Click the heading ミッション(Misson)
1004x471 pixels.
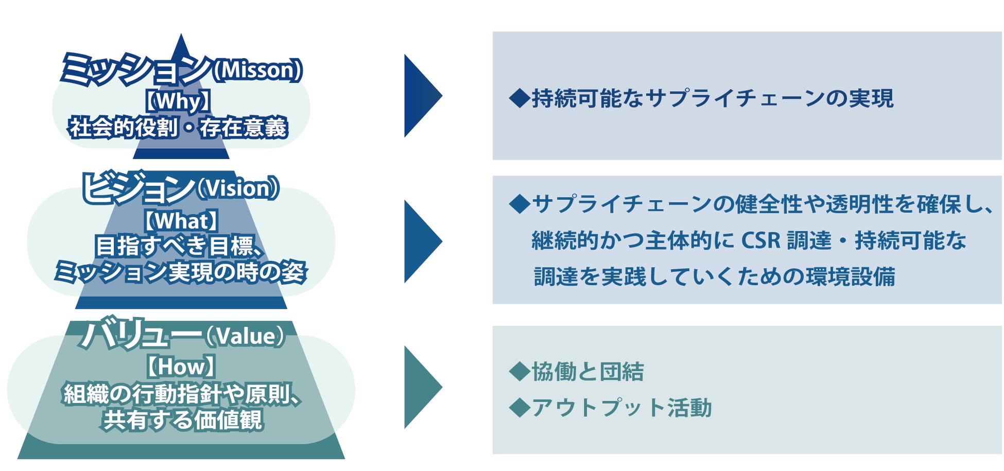[181, 69]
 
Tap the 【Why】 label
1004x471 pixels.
[178, 101]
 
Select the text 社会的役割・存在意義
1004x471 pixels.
[178, 128]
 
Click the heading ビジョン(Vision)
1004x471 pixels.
[180, 188]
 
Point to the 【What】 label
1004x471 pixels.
[180, 221]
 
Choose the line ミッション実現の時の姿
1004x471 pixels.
[180, 272]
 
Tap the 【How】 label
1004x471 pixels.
[180, 367]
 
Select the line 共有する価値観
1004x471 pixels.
[182, 420]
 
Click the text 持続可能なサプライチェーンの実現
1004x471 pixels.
[712, 98]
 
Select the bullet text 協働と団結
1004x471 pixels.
[587, 372]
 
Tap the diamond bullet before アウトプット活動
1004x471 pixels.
[519, 408]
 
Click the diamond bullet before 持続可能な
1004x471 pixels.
[519, 98]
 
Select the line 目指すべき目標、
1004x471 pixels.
[180, 247]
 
